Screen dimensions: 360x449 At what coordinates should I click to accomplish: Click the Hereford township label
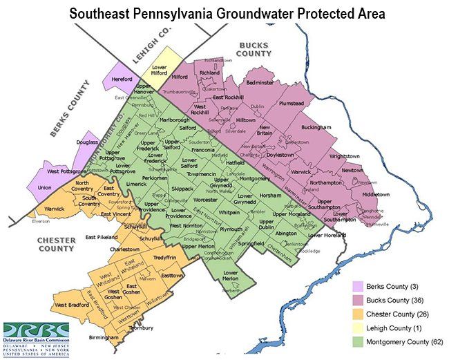tap(122, 79)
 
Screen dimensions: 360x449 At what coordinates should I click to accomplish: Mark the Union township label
tap(45, 187)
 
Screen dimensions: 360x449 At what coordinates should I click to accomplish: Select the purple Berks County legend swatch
tap(357, 286)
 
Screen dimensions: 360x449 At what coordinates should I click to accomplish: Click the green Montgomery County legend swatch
tap(357, 341)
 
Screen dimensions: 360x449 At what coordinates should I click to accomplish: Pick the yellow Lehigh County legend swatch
tap(357, 327)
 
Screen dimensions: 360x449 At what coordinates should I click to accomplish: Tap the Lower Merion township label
tap(230, 277)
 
